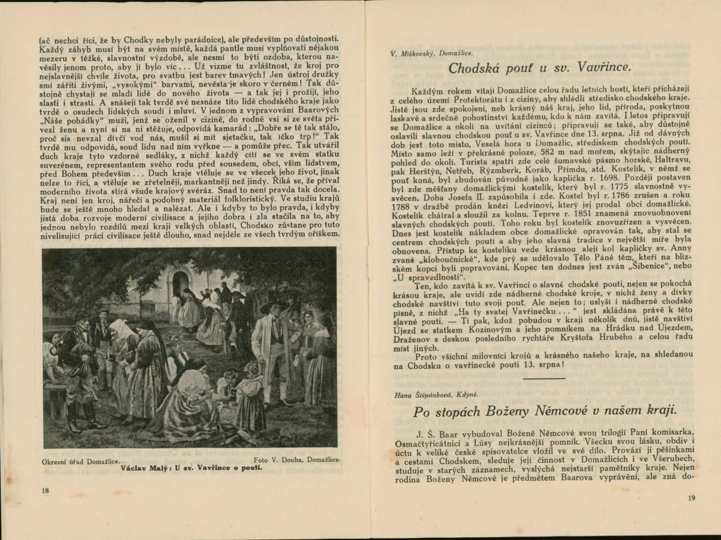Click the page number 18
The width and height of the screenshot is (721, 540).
[x=46, y=490]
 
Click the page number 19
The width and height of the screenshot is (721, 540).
[x=692, y=498]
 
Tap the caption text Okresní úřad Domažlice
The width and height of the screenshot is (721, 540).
[x=81, y=461]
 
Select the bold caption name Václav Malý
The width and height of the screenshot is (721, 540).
[x=145, y=467]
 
